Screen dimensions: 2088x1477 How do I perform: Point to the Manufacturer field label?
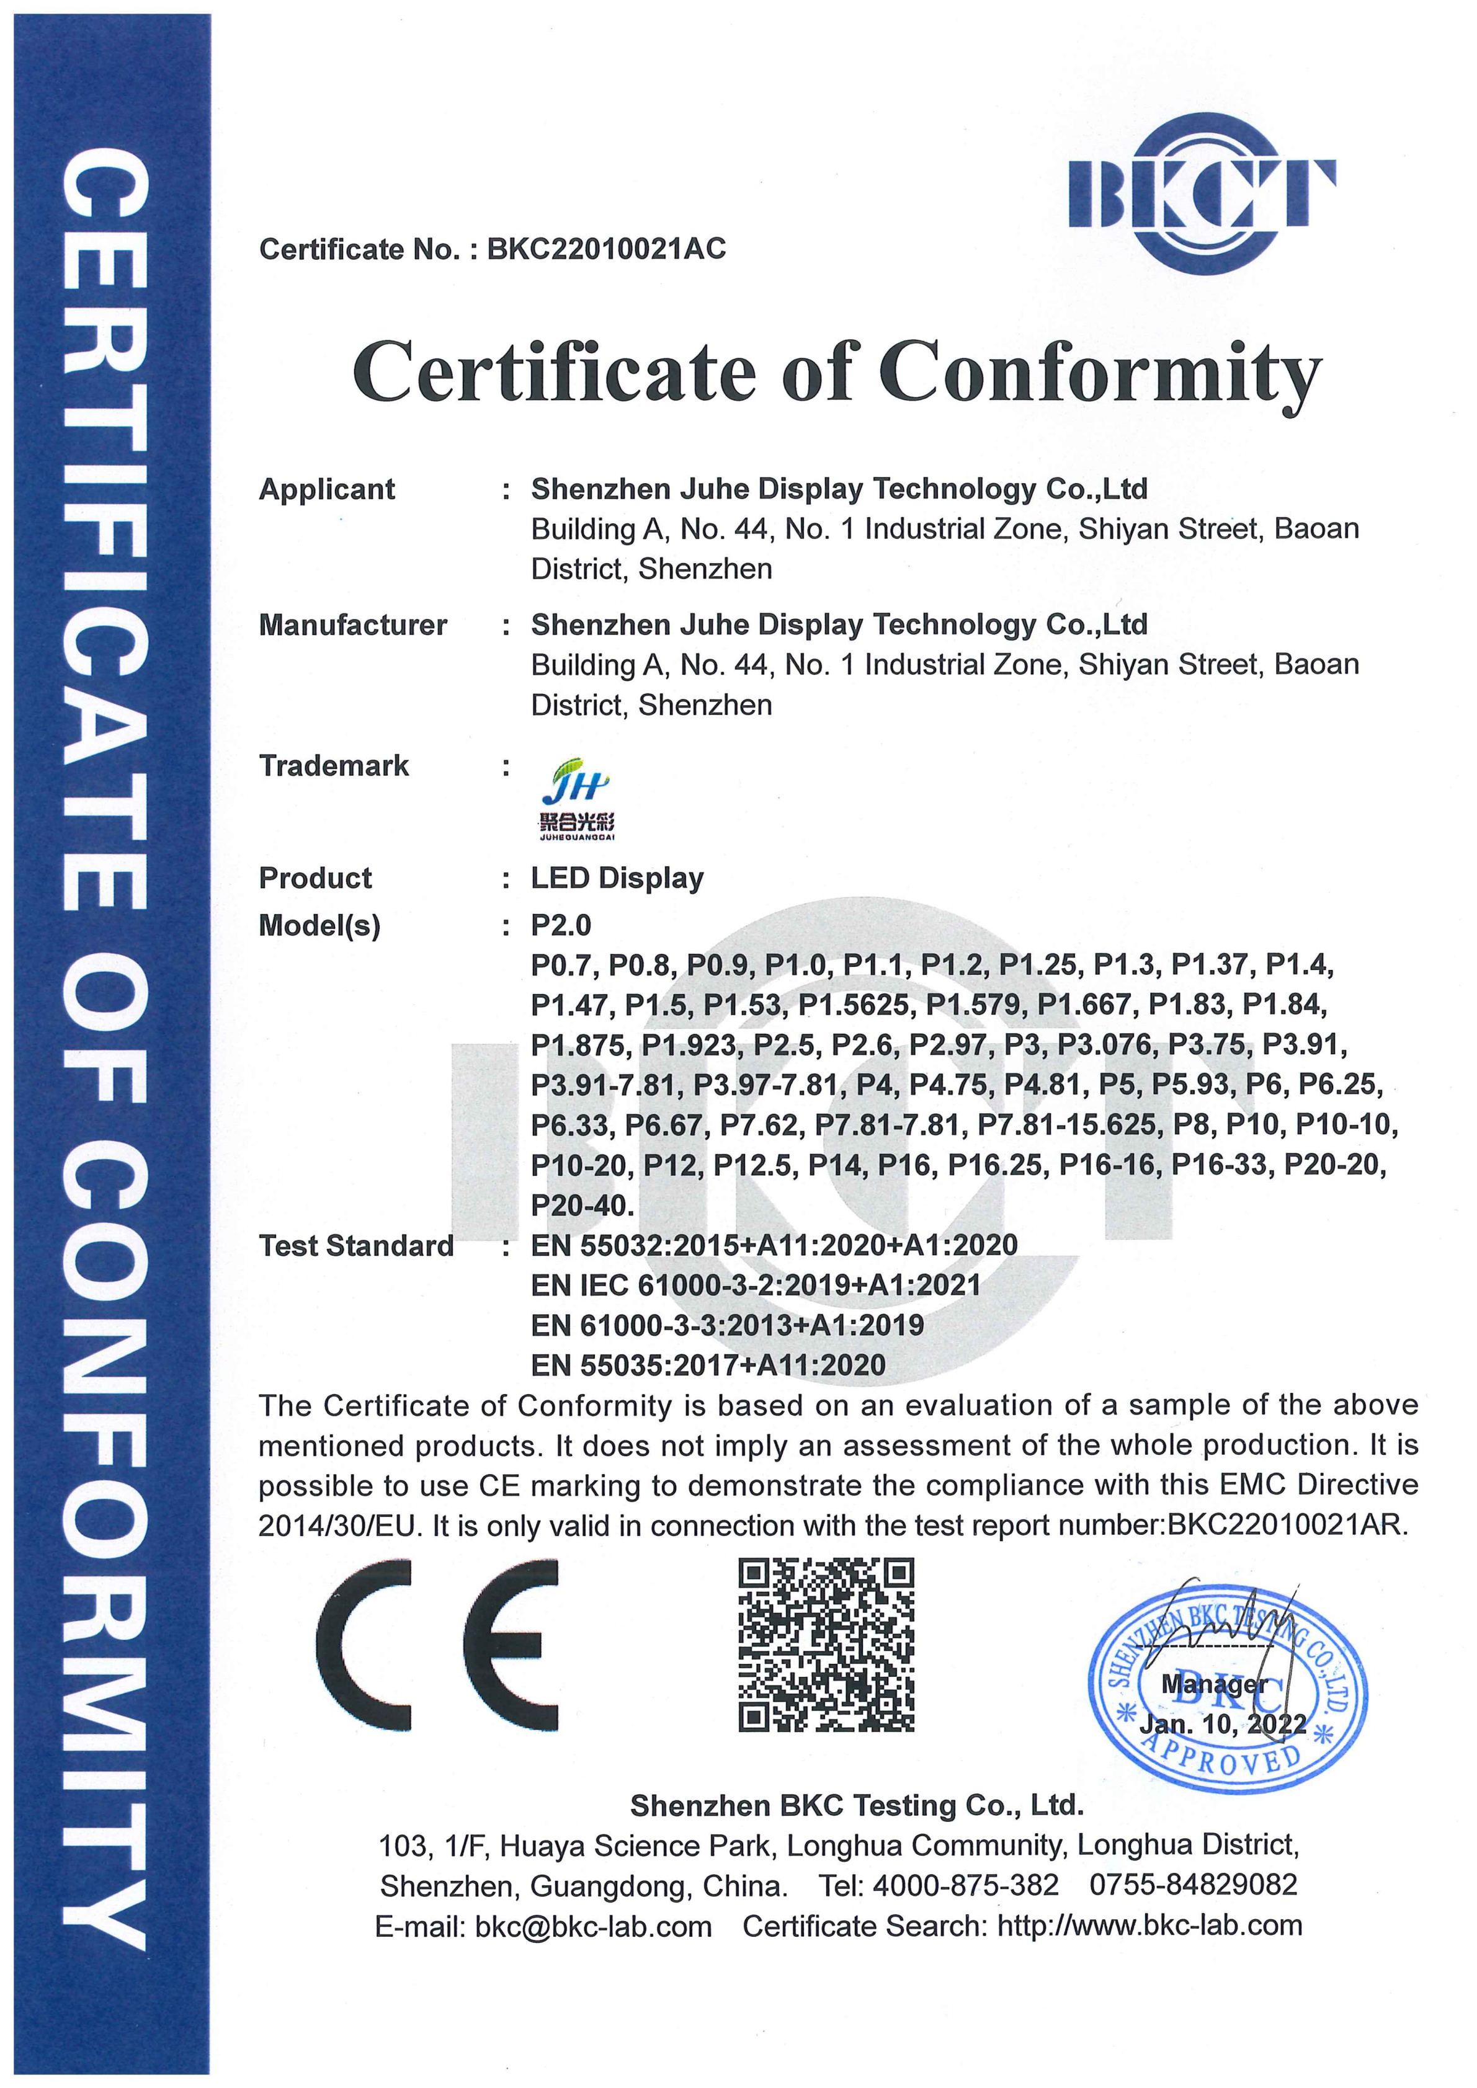point(353,624)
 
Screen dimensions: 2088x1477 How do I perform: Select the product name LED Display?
point(617,877)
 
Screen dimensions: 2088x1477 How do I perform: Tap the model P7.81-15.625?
point(1069,1125)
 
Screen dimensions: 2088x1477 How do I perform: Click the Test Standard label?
point(355,1245)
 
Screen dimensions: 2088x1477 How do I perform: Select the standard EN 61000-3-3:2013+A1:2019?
point(726,1325)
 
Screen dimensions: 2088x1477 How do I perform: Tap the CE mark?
point(437,1645)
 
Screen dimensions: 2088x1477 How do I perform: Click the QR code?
point(826,1645)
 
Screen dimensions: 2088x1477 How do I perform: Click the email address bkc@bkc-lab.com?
point(593,1926)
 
